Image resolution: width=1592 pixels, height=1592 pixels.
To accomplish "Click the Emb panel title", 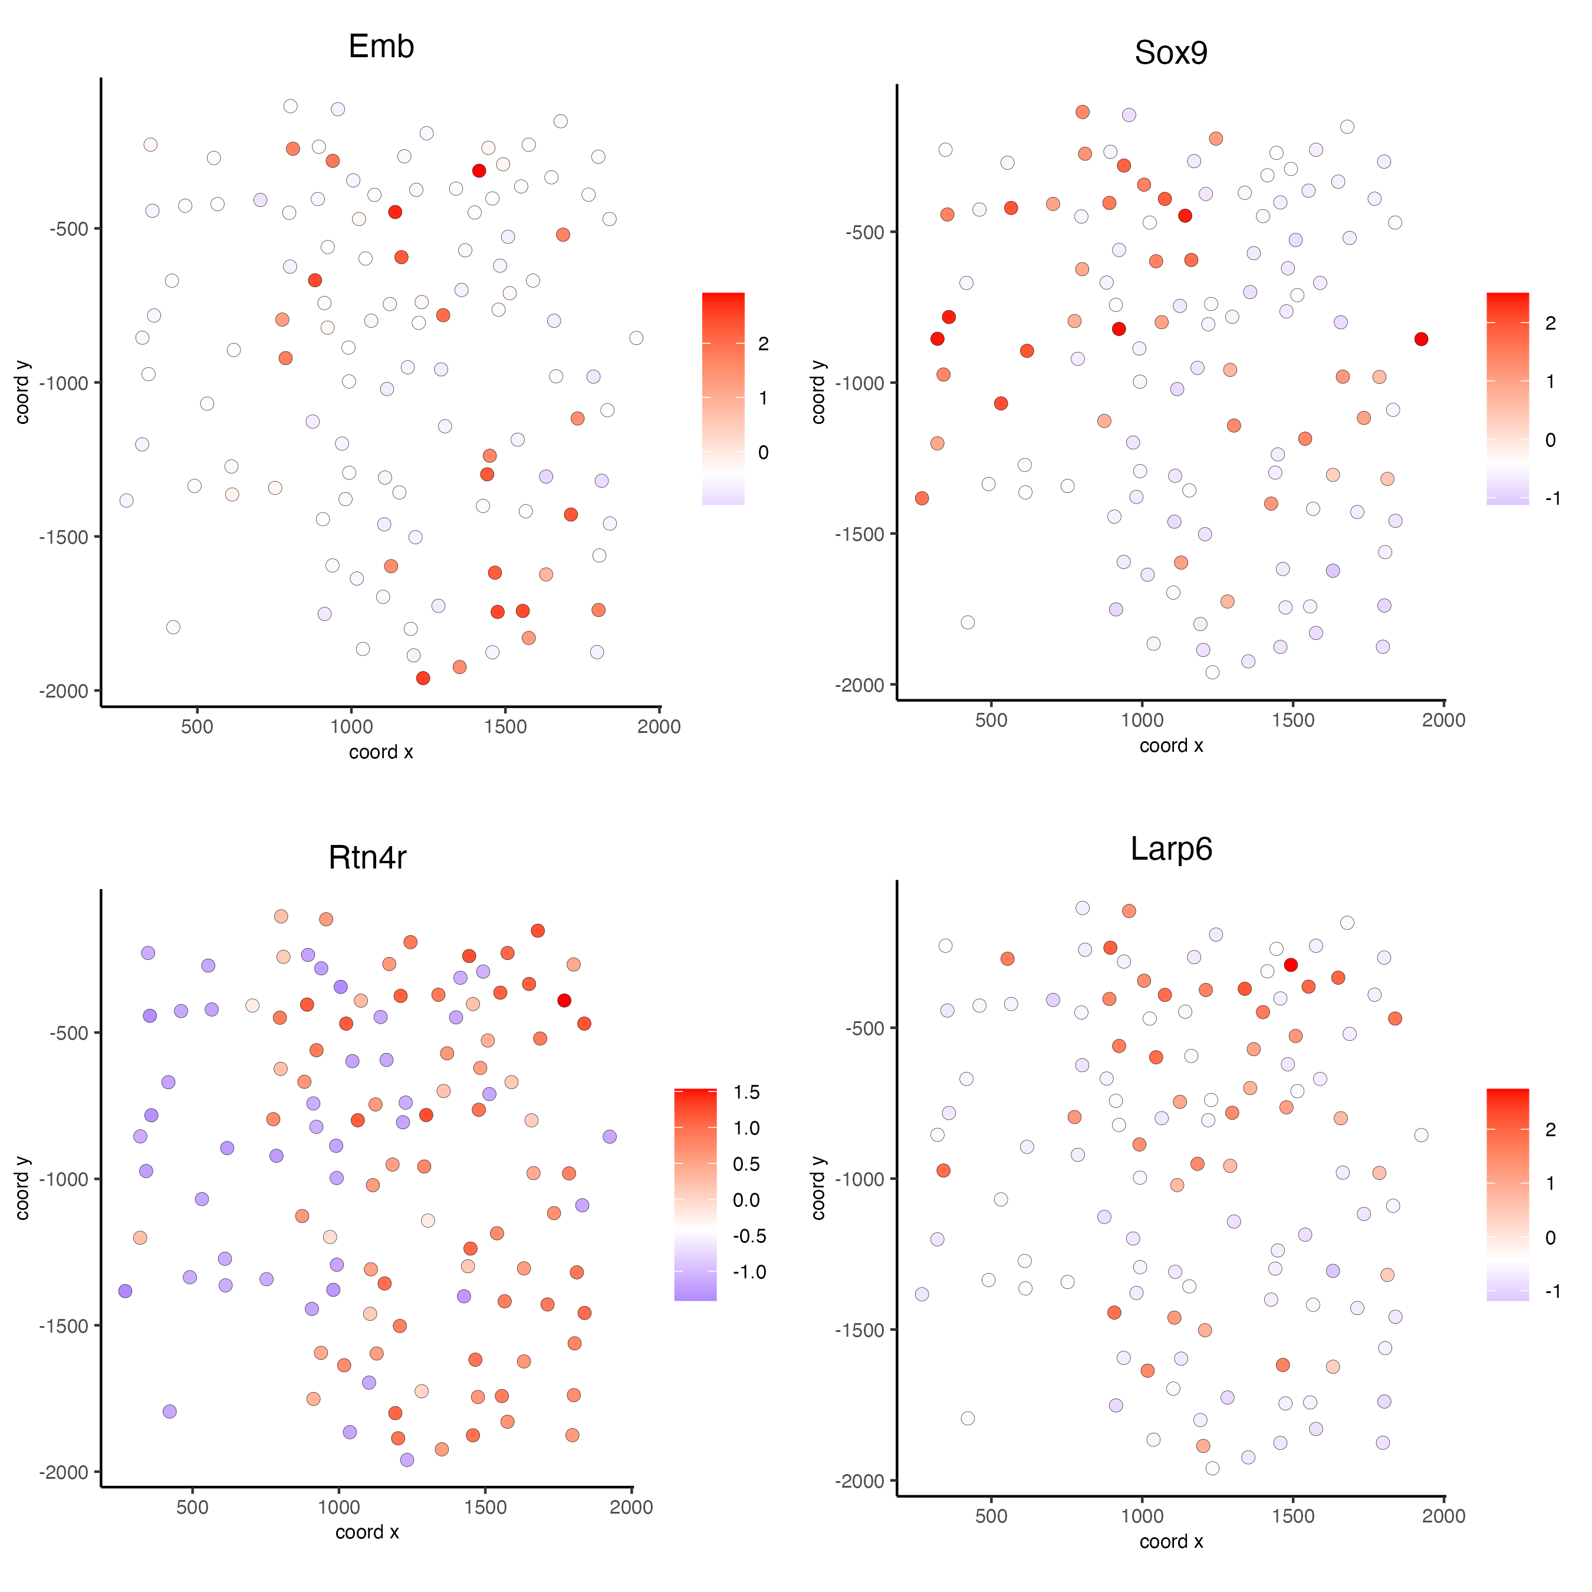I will pos(381,46).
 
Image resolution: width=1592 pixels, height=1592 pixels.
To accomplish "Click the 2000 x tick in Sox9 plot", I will pos(1443,719).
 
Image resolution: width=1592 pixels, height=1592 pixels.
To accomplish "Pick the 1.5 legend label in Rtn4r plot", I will pos(746,1093).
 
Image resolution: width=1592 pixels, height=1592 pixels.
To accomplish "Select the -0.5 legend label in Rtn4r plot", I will pos(749,1236).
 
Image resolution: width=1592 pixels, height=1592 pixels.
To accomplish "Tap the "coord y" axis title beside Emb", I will pos(22,392).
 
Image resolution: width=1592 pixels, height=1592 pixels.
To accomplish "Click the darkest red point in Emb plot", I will pos(479,170).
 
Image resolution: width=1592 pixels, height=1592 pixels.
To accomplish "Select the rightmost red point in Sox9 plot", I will pos(1420,338).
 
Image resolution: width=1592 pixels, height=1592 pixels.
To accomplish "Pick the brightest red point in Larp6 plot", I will pos(1291,965).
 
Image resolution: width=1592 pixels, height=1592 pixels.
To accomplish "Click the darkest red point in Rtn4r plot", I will pos(564,1001).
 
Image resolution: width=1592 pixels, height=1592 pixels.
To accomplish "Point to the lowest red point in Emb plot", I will pos(423,678).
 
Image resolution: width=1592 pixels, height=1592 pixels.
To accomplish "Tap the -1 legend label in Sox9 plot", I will pos(1552,498).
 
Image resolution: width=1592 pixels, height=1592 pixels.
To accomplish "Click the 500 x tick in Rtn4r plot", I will pos(192,1507).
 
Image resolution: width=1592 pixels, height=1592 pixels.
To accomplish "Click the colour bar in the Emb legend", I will pos(723,398).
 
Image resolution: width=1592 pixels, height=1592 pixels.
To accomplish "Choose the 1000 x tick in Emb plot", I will pos(351,726).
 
